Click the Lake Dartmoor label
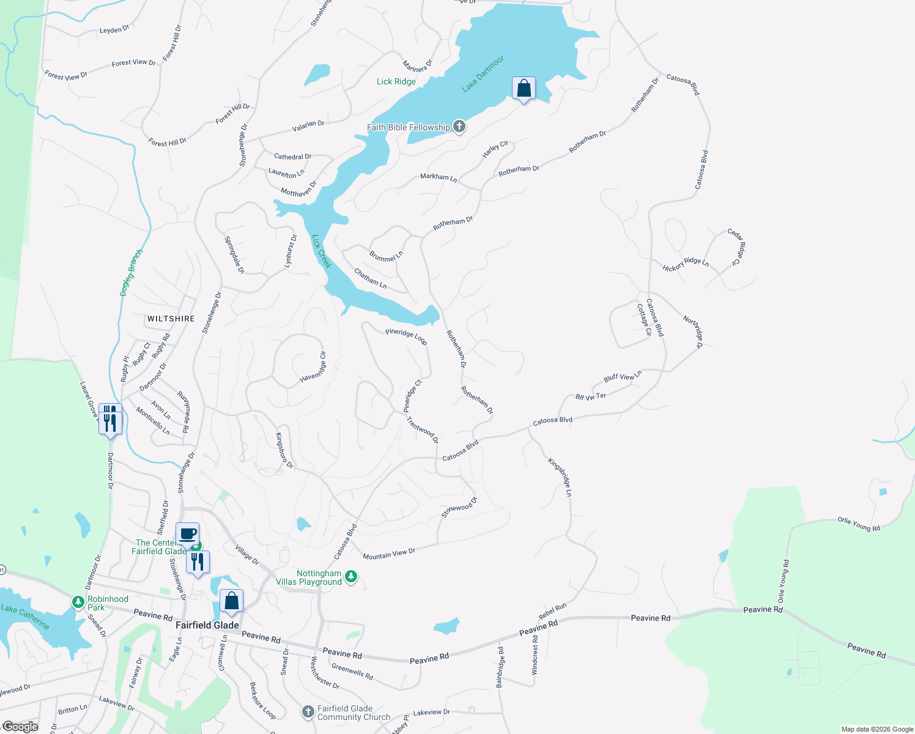click(483, 74)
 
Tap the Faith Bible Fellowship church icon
click(459, 127)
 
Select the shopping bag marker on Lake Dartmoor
click(524, 89)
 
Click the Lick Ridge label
click(396, 81)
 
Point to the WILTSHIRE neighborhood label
click(171, 319)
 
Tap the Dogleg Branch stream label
click(132, 272)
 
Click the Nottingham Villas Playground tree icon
click(351, 576)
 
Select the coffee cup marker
click(187, 533)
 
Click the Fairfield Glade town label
click(207, 625)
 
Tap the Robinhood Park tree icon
click(78, 602)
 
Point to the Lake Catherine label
click(25, 616)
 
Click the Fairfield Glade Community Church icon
click(309, 712)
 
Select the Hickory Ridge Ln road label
click(686, 264)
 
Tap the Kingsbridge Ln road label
click(560, 477)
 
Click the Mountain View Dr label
click(389, 554)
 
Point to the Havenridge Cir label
click(313, 367)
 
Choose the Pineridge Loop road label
click(406, 336)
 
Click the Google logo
click(20, 727)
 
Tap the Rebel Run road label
click(553, 610)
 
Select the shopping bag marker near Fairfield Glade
click(231, 601)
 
